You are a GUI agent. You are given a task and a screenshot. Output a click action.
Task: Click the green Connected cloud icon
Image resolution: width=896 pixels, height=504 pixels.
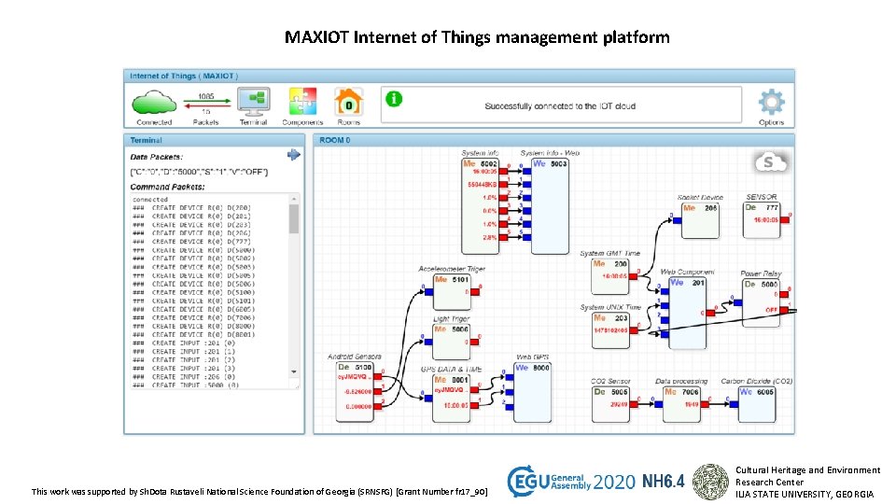coord(154,101)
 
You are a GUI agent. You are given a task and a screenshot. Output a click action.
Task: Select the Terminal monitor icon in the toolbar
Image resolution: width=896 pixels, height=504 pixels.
coord(253,101)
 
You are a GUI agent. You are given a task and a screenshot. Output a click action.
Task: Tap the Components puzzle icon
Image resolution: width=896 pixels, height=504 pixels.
coord(302,101)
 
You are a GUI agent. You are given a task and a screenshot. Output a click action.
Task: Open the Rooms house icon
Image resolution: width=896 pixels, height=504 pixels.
coord(348,101)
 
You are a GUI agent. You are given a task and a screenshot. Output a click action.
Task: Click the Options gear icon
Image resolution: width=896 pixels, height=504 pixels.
coord(771,102)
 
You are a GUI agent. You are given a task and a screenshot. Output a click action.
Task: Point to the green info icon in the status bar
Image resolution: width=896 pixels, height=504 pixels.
coord(394,98)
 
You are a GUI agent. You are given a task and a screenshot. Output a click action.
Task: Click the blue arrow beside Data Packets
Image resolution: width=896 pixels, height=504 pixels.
coord(293,155)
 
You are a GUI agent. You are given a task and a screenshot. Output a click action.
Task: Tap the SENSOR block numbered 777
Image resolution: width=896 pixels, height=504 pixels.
coord(763,213)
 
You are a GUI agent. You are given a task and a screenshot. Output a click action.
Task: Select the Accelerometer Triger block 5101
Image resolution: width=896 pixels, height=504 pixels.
coord(452,288)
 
